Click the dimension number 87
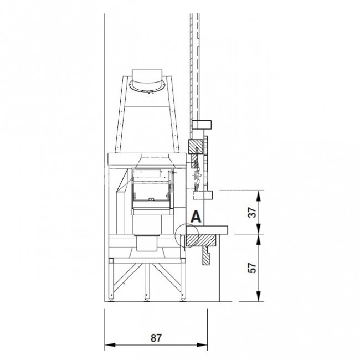[156, 338]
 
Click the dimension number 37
[253, 212]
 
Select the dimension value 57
[252, 268]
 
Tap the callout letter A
[196, 217]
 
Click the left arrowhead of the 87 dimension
[110, 345]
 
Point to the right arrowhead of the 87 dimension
[202, 345]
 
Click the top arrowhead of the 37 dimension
[259, 196]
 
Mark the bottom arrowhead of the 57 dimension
[259, 296]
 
